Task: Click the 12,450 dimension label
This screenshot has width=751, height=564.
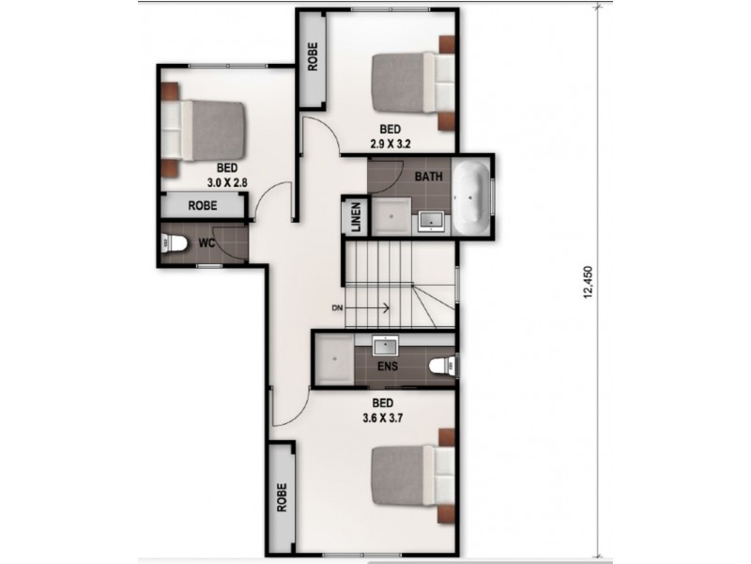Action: tap(589, 282)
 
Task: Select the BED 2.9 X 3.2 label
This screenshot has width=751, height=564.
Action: tap(391, 136)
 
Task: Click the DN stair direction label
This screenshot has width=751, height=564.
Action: tap(337, 307)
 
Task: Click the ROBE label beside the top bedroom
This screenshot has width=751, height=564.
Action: tap(311, 57)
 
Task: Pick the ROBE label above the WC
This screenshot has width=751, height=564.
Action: tap(203, 206)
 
